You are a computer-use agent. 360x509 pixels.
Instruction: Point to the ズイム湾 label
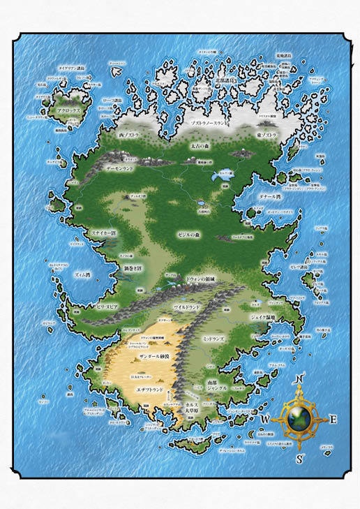(x=82, y=275)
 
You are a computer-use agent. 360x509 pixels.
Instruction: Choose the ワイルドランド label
(x=187, y=307)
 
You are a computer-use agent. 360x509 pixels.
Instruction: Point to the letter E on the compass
(x=333, y=420)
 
